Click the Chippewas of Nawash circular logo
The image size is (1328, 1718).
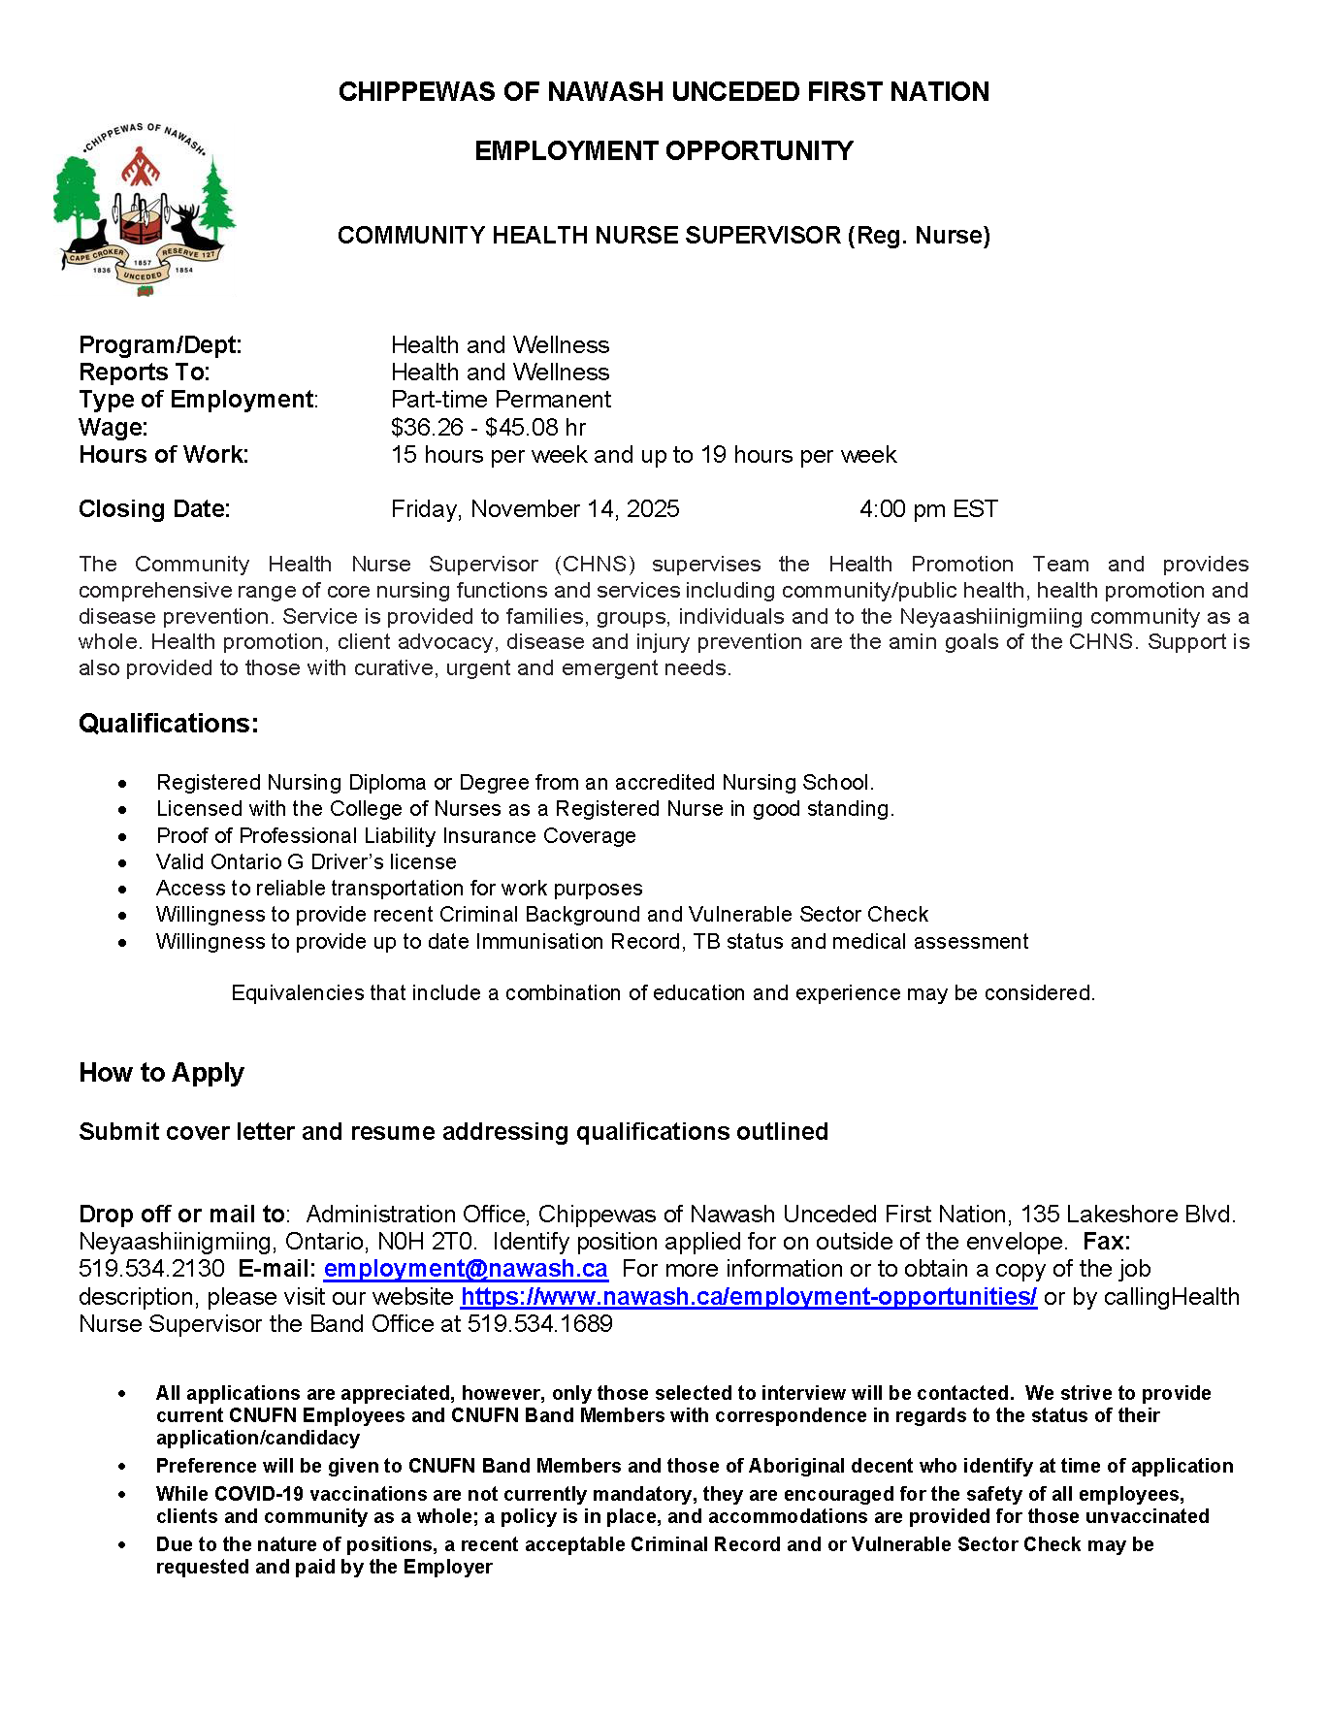[x=144, y=209]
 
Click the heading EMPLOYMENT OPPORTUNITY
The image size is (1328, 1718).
[x=664, y=151]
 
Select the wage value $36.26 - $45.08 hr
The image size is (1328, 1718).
[x=488, y=428]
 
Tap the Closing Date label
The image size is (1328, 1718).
[x=154, y=509]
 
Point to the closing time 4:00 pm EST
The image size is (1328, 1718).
[x=927, y=509]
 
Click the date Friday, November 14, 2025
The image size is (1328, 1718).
[x=534, y=509]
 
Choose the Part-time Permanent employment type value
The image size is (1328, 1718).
[x=501, y=400]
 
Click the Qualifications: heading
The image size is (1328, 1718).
[x=168, y=724]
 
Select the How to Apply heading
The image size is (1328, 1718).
[x=161, y=1073]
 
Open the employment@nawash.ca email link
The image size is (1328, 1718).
[x=466, y=1269]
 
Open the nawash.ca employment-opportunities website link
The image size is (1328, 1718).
[x=748, y=1297]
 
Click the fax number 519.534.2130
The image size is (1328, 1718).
[x=151, y=1269]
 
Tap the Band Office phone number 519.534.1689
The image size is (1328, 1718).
[x=539, y=1324]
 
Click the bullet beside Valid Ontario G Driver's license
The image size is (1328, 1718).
[x=122, y=862]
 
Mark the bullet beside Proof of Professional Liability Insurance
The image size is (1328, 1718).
[x=122, y=836]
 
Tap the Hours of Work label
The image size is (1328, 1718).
[x=163, y=455]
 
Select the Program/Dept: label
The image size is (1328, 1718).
[x=160, y=345]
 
